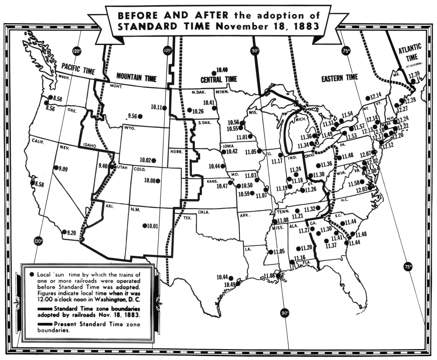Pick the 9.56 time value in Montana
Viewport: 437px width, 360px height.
tap(132, 116)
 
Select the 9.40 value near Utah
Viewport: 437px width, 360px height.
tap(103, 166)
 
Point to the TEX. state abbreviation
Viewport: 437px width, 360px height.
tap(188, 217)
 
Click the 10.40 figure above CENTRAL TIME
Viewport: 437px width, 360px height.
tap(222, 70)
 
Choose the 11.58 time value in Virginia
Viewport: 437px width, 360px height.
tap(354, 182)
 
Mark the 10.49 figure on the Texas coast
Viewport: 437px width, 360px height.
tap(229, 284)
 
